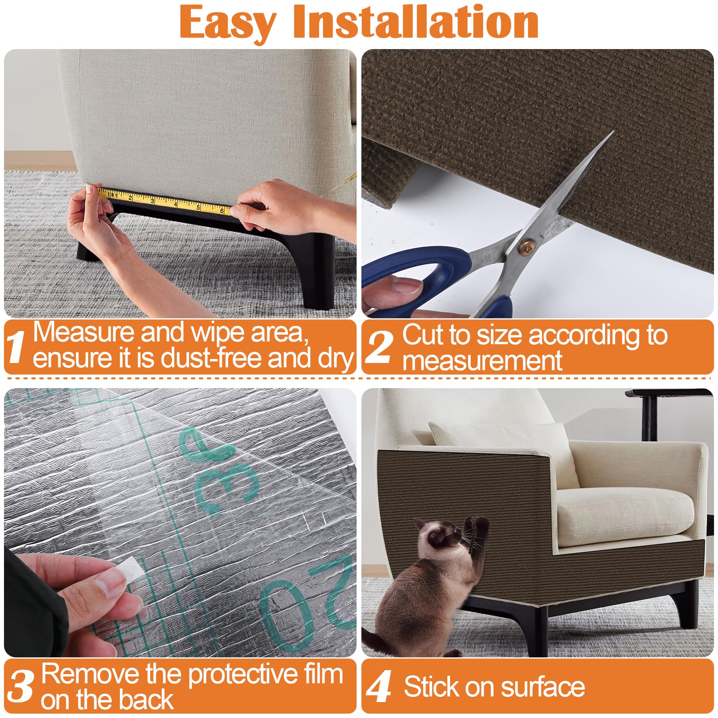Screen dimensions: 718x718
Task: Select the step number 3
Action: [21, 686]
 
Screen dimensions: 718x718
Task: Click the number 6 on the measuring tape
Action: [222, 210]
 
